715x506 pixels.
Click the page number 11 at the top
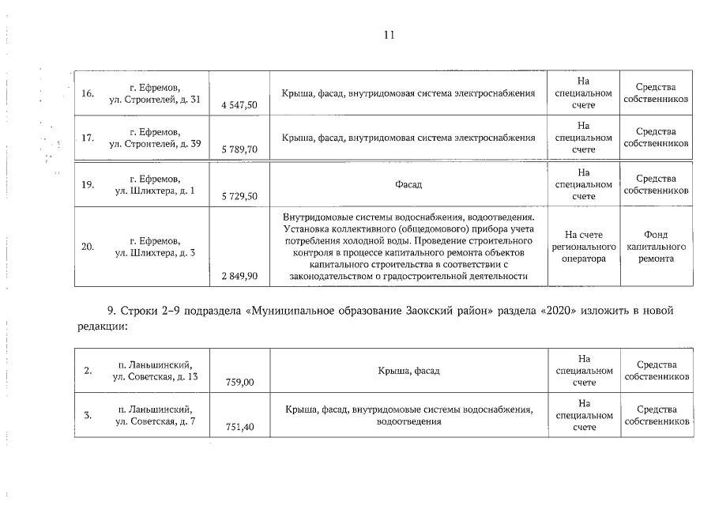click(x=388, y=35)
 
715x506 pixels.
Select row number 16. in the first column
click(x=88, y=93)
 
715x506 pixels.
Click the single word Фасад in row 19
click(x=408, y=184)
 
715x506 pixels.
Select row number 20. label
click(x=88, y=246)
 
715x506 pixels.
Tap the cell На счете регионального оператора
click(x=584, y=246)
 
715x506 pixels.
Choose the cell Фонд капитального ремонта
click(x=655, y=246)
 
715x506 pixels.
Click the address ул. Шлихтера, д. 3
click(x=155, y=252)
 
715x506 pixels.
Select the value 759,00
click(x=239, y=382)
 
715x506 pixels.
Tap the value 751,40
click(x=239, y=427)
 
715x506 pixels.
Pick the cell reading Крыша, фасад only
click(x=408, y=369)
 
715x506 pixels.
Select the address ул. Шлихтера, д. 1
click(x=155, y=191)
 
